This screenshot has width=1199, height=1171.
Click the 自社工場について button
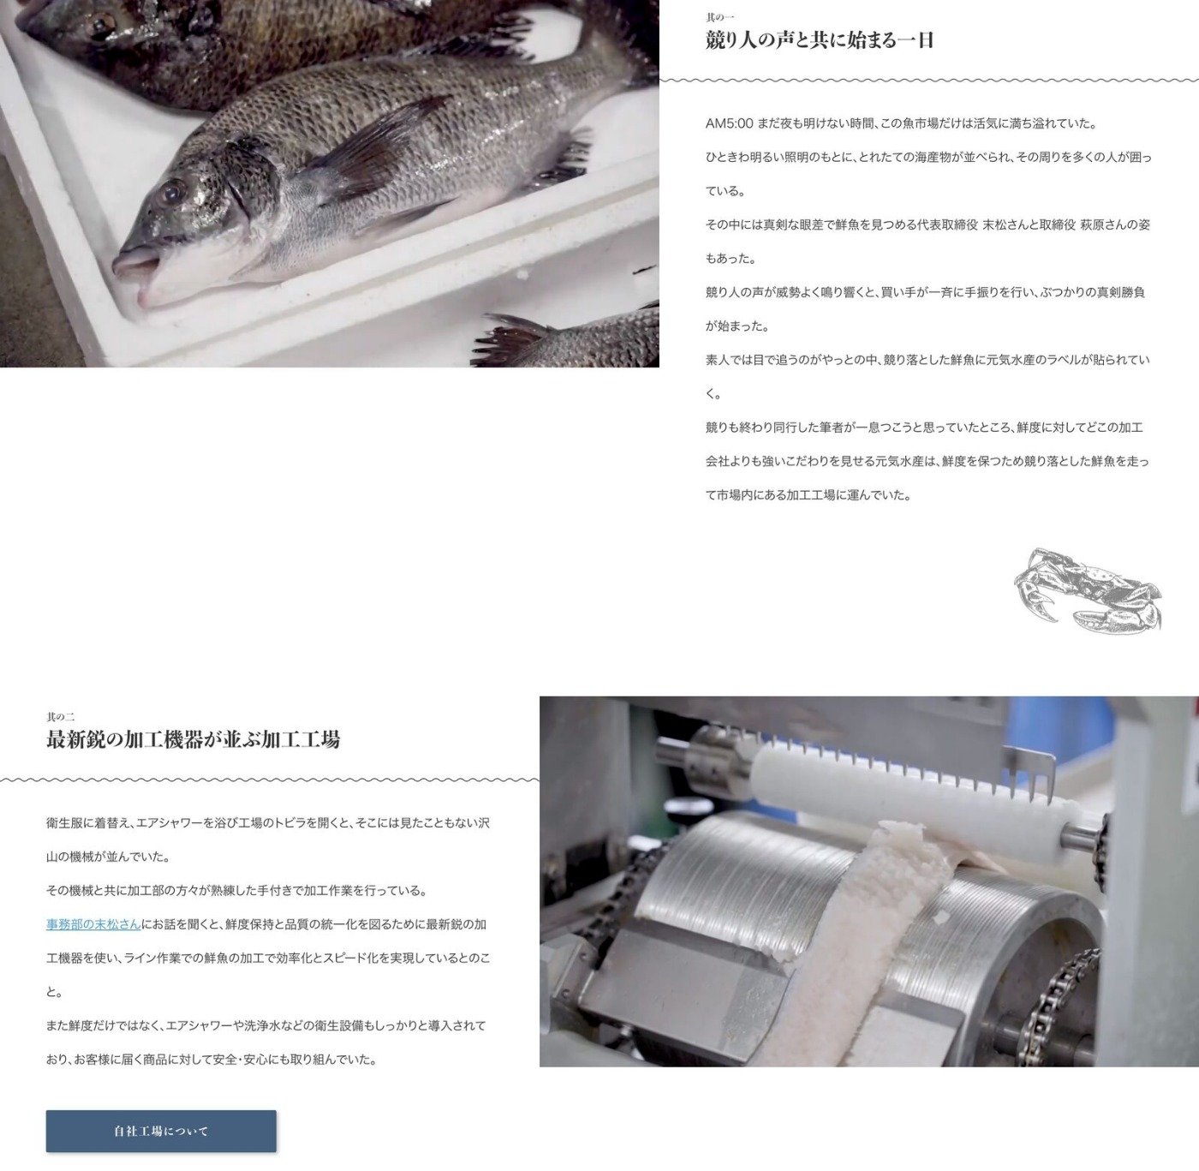point(161,1131)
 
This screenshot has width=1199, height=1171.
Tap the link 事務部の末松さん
point(93,923)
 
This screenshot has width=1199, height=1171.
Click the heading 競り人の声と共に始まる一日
point(820,40)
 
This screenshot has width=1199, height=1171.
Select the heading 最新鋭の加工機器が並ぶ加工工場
point(193,739)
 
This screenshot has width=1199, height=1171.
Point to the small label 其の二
point(61,716)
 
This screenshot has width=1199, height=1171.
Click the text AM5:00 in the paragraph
point(729,123)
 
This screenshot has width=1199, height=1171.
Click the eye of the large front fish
point(170,191)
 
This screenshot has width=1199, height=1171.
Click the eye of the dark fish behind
point(98,25)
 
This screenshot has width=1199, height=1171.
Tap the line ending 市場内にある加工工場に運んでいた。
point(808,495)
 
